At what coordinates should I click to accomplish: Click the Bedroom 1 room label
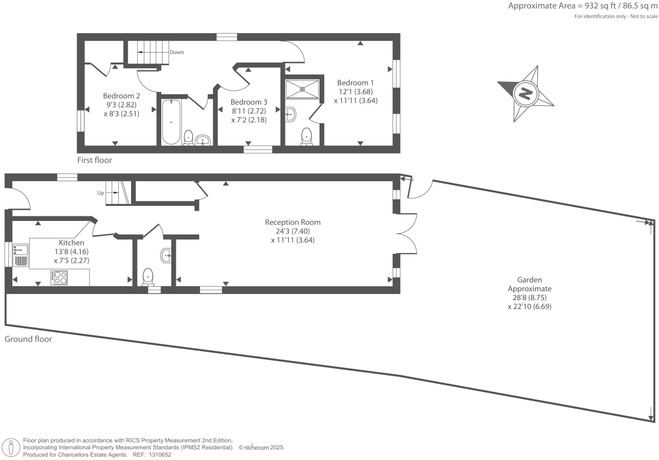tap(355, 83)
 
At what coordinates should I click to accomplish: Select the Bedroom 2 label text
tap(121, 96)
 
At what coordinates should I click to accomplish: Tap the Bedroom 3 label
tap(249, 102)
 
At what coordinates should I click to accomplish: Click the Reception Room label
tap(292, 222)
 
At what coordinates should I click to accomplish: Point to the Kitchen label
tap(71, 243)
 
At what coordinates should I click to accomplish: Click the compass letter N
tap(525, 93)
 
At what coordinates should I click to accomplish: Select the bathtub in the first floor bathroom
tap(171, 122)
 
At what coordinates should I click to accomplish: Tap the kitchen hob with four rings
tap(59, 277)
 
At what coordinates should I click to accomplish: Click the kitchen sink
tap(20, 250)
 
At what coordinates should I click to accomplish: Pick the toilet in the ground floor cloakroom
tap(148, 276)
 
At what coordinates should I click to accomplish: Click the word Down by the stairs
tap(177, 52)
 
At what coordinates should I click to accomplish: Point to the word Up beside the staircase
tap(101, 193)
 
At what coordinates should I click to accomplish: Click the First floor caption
tap(94, 160)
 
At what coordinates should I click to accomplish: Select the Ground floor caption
tap(28, 339)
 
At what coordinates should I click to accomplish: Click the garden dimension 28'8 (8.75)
tap(529, 298)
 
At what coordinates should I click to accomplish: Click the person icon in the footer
tap(11, 448)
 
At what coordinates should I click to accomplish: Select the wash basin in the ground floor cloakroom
tap(166, 255)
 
